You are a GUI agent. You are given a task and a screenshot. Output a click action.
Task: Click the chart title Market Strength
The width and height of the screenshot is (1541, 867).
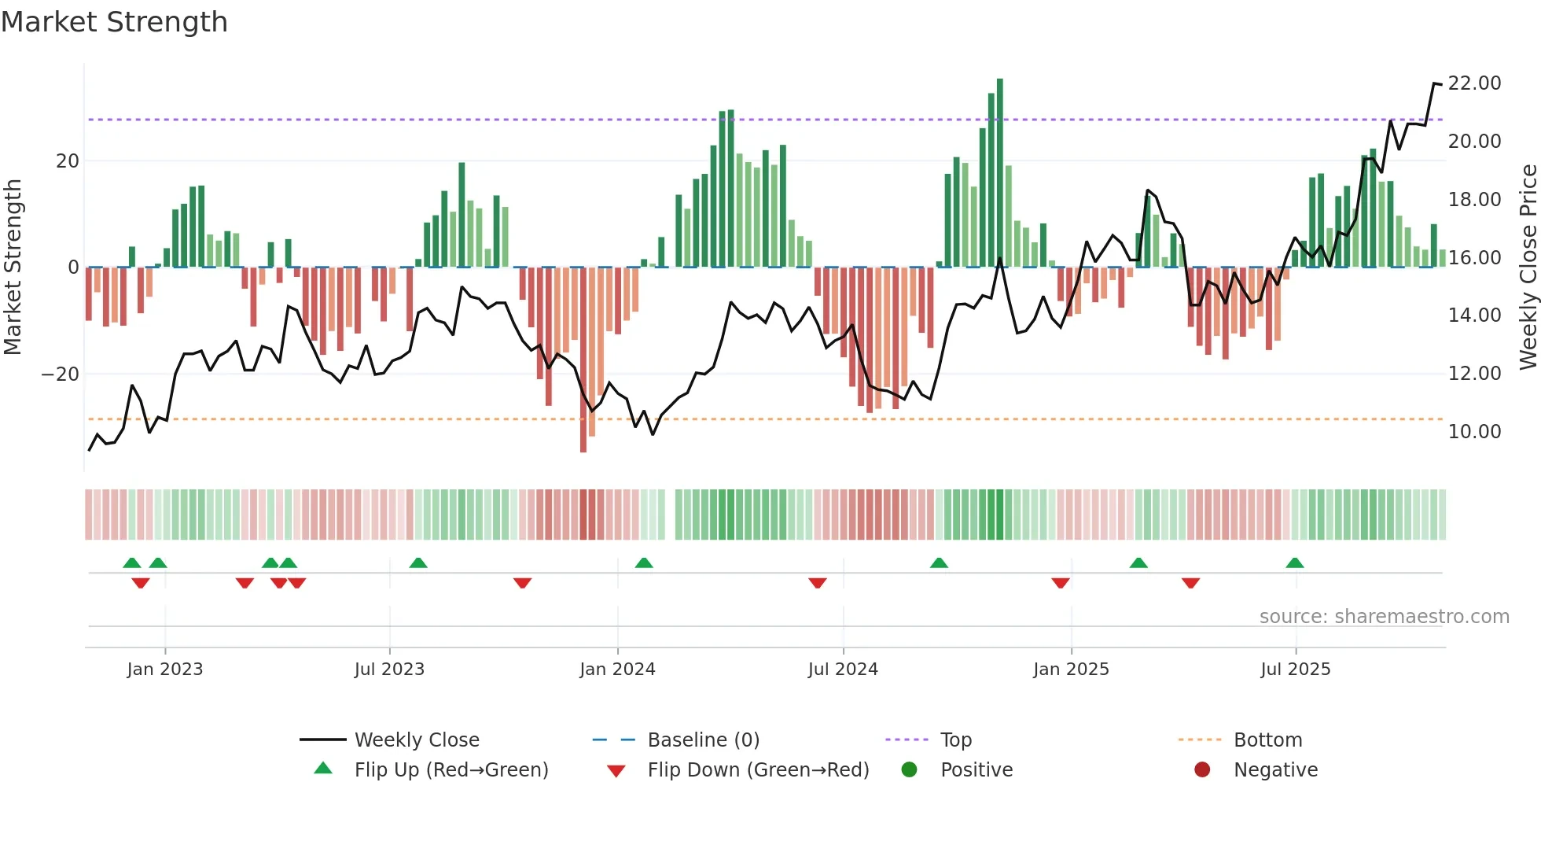[x=114, y=22]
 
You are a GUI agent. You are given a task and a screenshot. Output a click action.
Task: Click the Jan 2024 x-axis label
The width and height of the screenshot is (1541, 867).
[x=617, y=670]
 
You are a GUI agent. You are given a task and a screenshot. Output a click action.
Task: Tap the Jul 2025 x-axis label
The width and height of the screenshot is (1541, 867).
[x=1295, y=670]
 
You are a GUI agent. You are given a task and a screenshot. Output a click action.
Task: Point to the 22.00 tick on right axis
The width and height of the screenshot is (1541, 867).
[x=1474, y=83]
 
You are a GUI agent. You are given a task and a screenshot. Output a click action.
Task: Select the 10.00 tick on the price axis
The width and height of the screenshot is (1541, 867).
[x=1474, y=432]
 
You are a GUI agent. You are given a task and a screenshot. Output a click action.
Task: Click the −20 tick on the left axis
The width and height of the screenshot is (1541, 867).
[x=61, y=374]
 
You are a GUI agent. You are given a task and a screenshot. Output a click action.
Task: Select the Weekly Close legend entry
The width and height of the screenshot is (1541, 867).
[x=416, y=740]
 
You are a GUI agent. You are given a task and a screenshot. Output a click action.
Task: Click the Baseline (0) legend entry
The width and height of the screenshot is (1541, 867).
[x=703, y=740]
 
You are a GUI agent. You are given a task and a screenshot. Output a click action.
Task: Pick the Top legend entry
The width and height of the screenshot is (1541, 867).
[x=956, y=740]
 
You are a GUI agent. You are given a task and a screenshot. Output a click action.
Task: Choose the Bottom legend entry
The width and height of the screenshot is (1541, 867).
[x=1267, y=740]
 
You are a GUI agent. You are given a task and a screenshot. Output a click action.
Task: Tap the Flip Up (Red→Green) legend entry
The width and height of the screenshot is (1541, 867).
[x=451, y=770]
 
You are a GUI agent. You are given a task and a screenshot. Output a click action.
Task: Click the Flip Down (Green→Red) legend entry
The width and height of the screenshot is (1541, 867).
[x=758, y=770]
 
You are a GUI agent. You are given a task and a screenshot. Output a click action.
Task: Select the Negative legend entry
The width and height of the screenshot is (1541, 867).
[x=1275, y=770]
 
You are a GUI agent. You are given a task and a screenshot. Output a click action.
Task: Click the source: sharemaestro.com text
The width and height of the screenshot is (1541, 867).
[x=1384, y=617]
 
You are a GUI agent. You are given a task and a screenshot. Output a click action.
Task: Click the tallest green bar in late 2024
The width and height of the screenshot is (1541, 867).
[x=1000, y=173]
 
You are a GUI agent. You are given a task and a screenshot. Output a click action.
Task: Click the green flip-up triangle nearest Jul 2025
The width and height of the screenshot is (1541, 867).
[x=1295, y=563]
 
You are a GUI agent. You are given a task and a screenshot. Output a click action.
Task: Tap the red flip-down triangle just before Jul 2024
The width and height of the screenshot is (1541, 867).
[x=818, y=583]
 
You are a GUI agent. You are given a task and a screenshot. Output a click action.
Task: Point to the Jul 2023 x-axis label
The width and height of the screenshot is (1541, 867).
[x=389, y=670]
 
